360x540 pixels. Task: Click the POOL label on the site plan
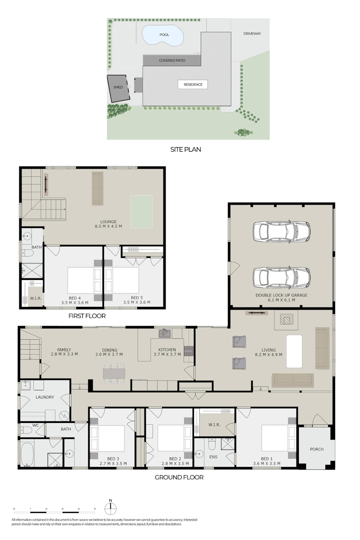coord(164,35)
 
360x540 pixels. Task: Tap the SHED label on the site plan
coord(118,87)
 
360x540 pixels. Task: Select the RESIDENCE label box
coord(193,85)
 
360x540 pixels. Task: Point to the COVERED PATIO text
coord(172,60)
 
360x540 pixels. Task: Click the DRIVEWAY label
coord(252,34)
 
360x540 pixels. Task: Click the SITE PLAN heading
coord(185,149)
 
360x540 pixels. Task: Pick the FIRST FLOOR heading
coord(87,316)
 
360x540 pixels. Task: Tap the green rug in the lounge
coord(141,211)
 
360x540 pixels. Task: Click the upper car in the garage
coord(281,231)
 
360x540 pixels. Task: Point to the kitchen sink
coord(165,333)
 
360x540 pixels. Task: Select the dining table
coord(114,373)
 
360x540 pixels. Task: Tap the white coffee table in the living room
coord(294,351)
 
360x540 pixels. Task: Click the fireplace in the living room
coord(287,320)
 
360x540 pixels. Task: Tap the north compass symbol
coord(110,507)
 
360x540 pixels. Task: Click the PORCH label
coord(317,450)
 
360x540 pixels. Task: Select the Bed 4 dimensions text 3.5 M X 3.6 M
coord(75,302)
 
